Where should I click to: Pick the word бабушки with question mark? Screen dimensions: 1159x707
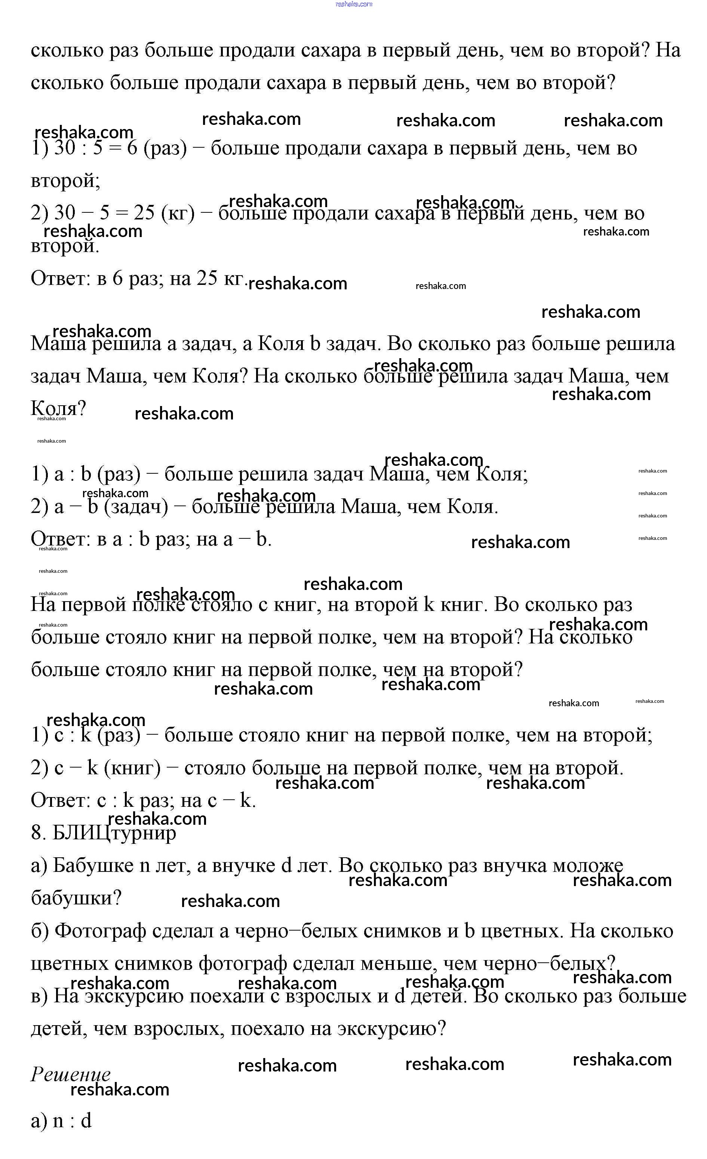[76, 898]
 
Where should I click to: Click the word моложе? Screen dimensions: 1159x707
[588, 866]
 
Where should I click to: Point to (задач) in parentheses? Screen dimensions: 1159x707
[136, 507]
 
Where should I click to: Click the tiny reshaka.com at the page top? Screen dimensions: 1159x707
[354, 4]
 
